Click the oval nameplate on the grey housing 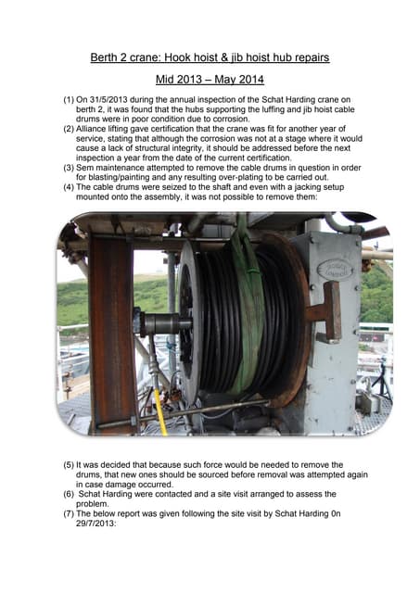[x=335, y=270]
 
